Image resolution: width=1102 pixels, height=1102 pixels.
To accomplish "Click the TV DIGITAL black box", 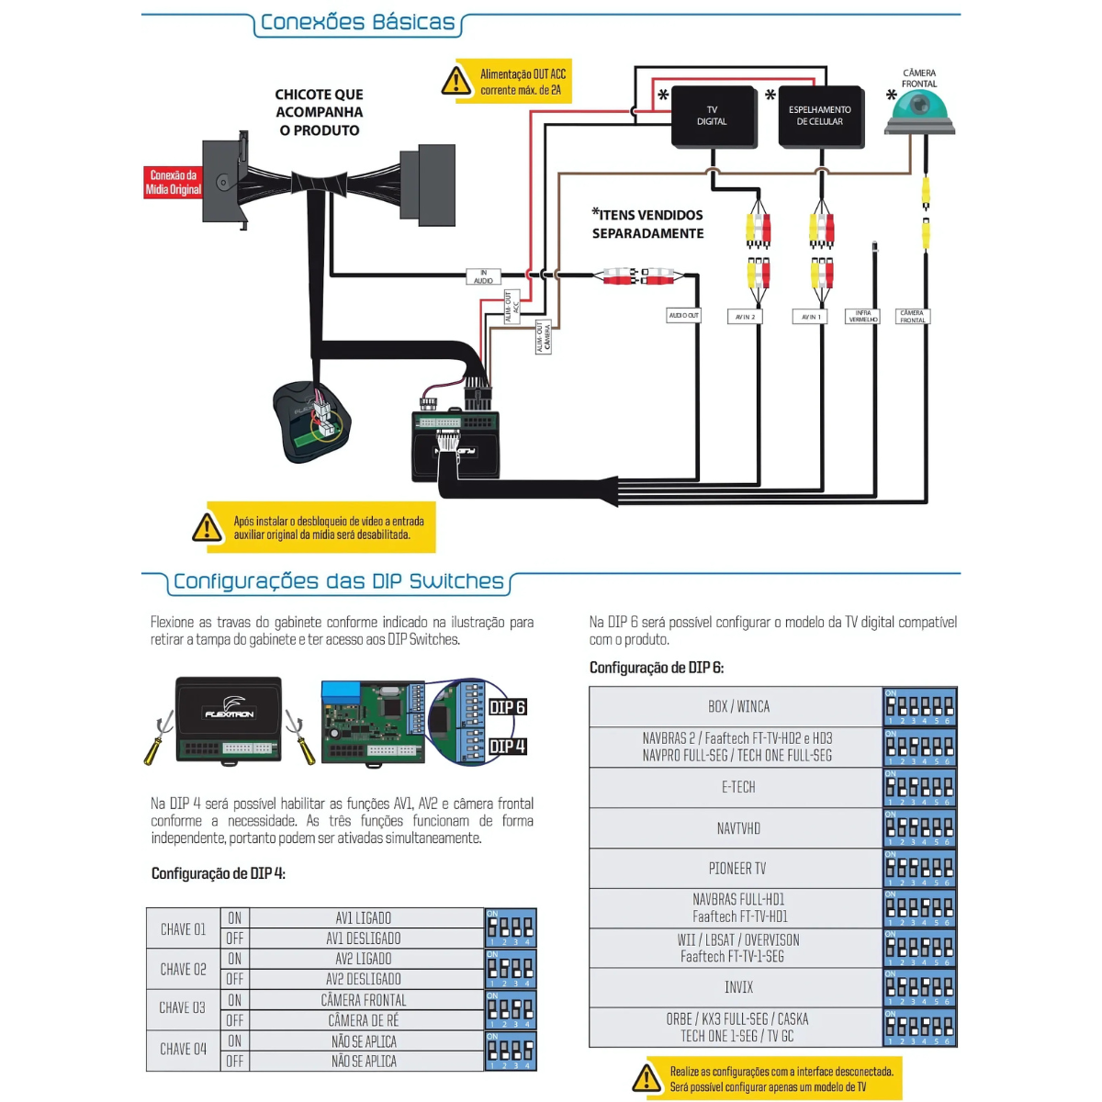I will click(713, 117).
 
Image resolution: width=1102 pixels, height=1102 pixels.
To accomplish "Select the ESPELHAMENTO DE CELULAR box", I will click(820, 117).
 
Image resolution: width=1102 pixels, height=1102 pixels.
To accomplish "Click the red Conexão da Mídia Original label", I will click(173, 182).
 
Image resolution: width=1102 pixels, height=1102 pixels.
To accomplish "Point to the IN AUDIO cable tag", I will click(483, 276).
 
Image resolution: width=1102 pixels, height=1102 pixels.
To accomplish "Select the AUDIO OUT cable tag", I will click(683, 315).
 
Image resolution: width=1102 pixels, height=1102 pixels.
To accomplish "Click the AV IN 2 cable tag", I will click(745, 316).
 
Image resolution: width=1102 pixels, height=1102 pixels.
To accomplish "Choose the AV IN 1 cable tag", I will click(809, 316).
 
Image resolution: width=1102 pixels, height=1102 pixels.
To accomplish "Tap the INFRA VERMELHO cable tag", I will click(862, 317).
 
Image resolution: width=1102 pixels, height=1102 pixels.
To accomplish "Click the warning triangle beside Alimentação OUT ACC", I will click(456, 82).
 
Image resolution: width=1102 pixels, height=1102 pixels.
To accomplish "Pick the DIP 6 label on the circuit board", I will click(507, 707).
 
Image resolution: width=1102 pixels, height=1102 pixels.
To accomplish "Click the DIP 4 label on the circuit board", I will click(507, 747).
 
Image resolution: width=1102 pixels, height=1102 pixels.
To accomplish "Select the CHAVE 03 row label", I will click(183, 1008).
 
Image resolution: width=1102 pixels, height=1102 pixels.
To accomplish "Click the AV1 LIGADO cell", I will click(364, 918).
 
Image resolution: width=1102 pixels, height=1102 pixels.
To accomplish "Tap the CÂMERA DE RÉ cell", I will click(364, 1020).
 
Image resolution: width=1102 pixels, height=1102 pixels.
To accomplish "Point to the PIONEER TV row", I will click(737, 868).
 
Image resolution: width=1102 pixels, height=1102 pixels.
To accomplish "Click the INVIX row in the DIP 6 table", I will click(737, 987).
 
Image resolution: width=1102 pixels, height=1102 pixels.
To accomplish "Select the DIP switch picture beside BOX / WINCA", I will click(919, 707).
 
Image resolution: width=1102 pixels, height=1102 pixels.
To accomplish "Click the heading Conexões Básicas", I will click(357, 23).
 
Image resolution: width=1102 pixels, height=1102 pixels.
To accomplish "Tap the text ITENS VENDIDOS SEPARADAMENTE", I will click(648, 224).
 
